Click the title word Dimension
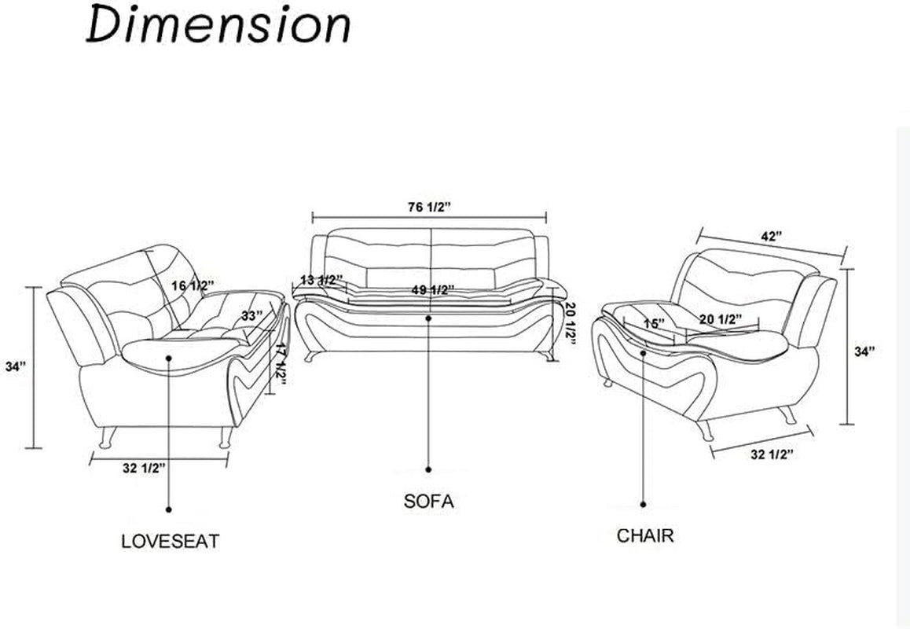[218, 26]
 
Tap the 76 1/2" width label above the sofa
[428, 207]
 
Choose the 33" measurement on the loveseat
[251, 315]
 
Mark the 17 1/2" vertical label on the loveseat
[278, 366]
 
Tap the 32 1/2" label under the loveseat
[144, 468]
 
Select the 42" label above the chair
[772, 236]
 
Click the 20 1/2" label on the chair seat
[721, 318]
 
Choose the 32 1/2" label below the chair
[772, 454]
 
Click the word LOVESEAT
[170, 541]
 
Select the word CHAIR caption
[644, 536]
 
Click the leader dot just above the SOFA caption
[428, 469]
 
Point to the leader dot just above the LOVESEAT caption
[169, 508]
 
